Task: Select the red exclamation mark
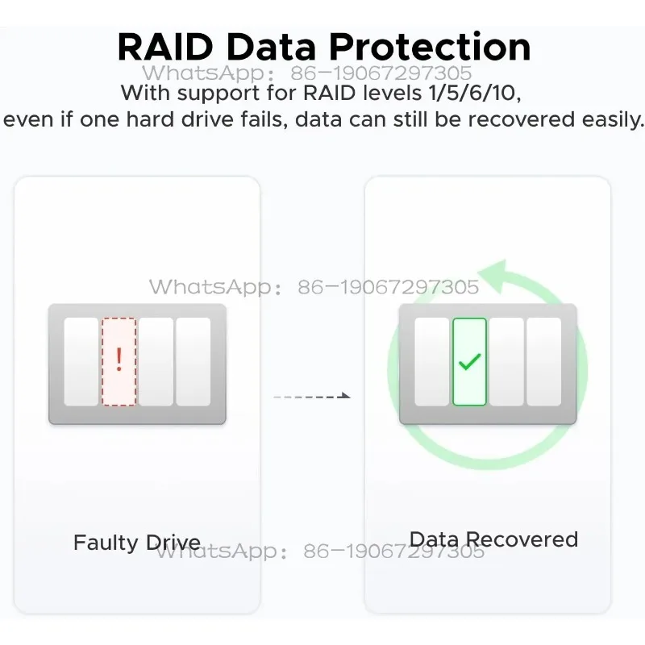pos(119,360)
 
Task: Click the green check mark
pos(469,362)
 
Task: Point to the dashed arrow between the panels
pos(312,396)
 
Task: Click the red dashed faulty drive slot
pos(119,361)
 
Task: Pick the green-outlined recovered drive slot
pos(469,361)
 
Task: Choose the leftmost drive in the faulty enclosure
pos(81,361)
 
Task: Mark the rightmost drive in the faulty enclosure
pos(193,361)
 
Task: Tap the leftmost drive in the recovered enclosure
pos(431,361)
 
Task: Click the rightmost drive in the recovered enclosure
pos(544,361)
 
